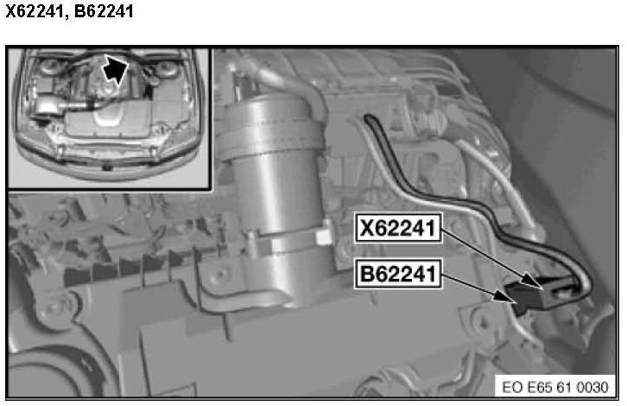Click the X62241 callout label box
click(x=398, y=228)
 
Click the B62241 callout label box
click(x=398, y=274)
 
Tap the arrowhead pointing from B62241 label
click(x=503, y=297)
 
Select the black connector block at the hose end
click(x=535, y=294)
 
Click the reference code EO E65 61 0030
click(x=555, y=387)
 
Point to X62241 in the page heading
click(x=35, y=11)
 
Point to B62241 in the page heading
click(x=104, y=11)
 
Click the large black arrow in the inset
click(x=115, y=69)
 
